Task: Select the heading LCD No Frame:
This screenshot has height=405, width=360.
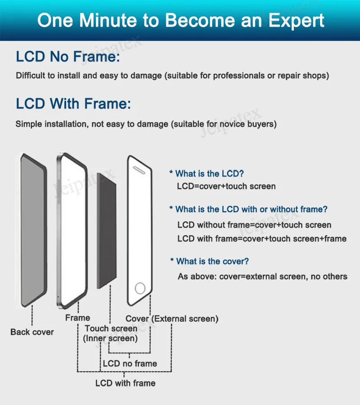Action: (x=68, y=57)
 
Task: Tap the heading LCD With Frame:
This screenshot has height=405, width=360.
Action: (x=73, y=104)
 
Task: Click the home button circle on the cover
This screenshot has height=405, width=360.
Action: (x=141, y=288)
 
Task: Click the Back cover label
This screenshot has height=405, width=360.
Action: (x=32, y=332)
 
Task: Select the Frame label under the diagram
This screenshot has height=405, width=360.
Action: (x=77, y=318)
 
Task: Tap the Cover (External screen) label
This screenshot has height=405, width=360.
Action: (x=172, y=319)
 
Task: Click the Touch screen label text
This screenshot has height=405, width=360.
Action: (x=111, y=328)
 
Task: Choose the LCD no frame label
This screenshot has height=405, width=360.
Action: (x=130, y=364)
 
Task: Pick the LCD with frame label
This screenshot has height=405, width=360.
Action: (x=125, y=383)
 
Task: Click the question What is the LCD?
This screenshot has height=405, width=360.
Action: (x=209, y=173)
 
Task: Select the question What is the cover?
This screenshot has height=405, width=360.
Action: (x=212, y=261)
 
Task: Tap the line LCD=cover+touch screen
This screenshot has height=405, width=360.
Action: (x=226, y=186)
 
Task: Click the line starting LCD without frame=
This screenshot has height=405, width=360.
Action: (x=254, y=225)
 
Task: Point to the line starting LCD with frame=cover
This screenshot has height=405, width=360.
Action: (x=262, y=238)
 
